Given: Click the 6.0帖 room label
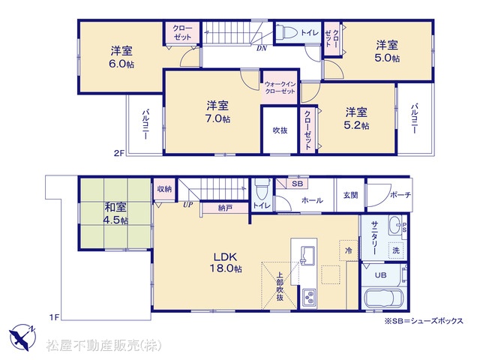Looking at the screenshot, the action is pyautogui.click(x=121, y=57).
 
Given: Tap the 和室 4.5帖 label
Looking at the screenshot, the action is pyautogui.click(x=115, y=213).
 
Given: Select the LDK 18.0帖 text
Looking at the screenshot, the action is pyautogui.click(x=226, y=262).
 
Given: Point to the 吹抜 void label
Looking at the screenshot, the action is pyautogui.click(x=280, y=130).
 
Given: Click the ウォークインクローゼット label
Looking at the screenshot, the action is pyautogui.click(x=280, y=88).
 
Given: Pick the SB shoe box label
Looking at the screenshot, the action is pyautogui.click(x=297, y=184).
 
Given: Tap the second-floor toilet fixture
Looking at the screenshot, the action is pyautogui.click(x=286, y=32).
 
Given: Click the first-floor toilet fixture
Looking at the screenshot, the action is pyautogui.click(x=262, y=189).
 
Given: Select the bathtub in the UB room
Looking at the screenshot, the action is pyautogui.click(x=384, y=298).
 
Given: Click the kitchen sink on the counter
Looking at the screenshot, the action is pyautogui.click(x=308, y=255).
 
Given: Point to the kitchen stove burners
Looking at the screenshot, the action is pyautogui.click(x=310, y=297).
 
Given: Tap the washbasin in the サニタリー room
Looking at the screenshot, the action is pyautogui.click(x=395, y=224).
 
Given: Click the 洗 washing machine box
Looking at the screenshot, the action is pyautogui.click(x=396, y=250).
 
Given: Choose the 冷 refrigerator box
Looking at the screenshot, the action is pyautogui.click(x=348, y=250).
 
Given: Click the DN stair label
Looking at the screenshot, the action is pyautogui.click(x=262, y=48).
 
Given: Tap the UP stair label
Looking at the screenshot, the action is pyautogui.click(x=187, y=205).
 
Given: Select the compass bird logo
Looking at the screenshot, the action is pyautogui.click(x=22, y=337).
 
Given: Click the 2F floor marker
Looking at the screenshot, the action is pyautogui.click(x=119, y=153).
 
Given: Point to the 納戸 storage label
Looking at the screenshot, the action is pyautogui.click(x=225, y=208).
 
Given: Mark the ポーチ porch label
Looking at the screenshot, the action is pyautogui.click(x=400, y=195).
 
